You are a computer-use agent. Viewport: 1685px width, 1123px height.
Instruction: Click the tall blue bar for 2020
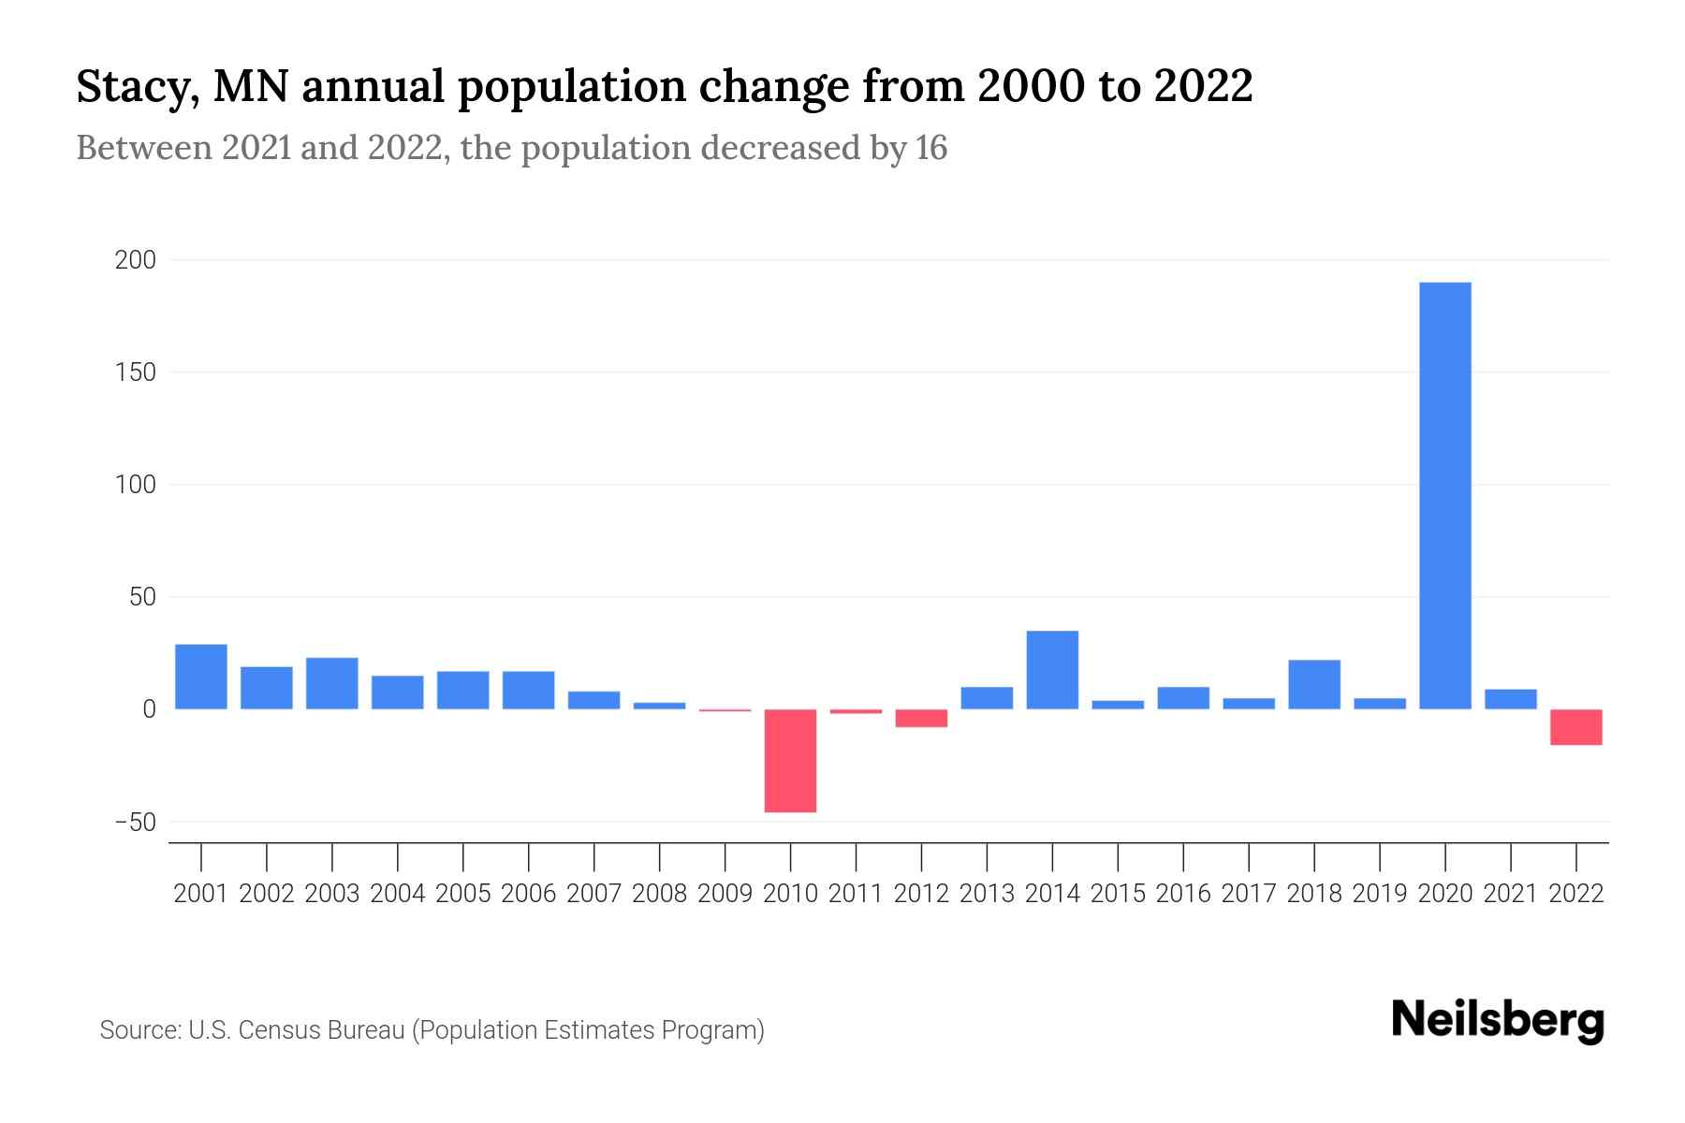click(x=1444, y=496)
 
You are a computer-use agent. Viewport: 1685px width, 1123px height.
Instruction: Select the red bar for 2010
click(x=790, y=761)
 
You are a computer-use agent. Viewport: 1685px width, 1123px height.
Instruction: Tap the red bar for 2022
click(x=1575, y=727)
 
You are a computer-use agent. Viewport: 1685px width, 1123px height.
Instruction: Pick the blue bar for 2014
click(x=1052, y=670)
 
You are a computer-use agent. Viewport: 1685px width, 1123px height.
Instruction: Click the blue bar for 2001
click(x=201, y=677)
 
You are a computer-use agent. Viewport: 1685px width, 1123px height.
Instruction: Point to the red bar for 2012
click(x=921, y=719)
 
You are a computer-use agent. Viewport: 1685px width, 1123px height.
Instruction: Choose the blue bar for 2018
click(x=1313, y=684)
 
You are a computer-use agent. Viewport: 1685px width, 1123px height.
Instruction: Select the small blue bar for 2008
click(x=659, y=706)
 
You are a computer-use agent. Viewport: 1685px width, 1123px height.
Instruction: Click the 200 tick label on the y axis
click(x=136, y=260)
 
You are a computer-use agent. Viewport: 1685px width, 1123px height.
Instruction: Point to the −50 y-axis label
click(x=136, y=823)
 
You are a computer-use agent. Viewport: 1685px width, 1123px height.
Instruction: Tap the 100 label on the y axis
click(x=136, y=485)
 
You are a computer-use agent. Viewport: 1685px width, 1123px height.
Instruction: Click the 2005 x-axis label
click(x=463, y=894)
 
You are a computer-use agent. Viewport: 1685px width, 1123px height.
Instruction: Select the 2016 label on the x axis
click(x=1183, y=894)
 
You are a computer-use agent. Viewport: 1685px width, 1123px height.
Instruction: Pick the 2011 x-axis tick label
click(x=856, y=894)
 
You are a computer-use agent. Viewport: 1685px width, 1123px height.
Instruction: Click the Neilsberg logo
click(x=1498, y=1020)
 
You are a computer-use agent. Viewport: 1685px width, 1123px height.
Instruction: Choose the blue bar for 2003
click(x=332, y=683)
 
